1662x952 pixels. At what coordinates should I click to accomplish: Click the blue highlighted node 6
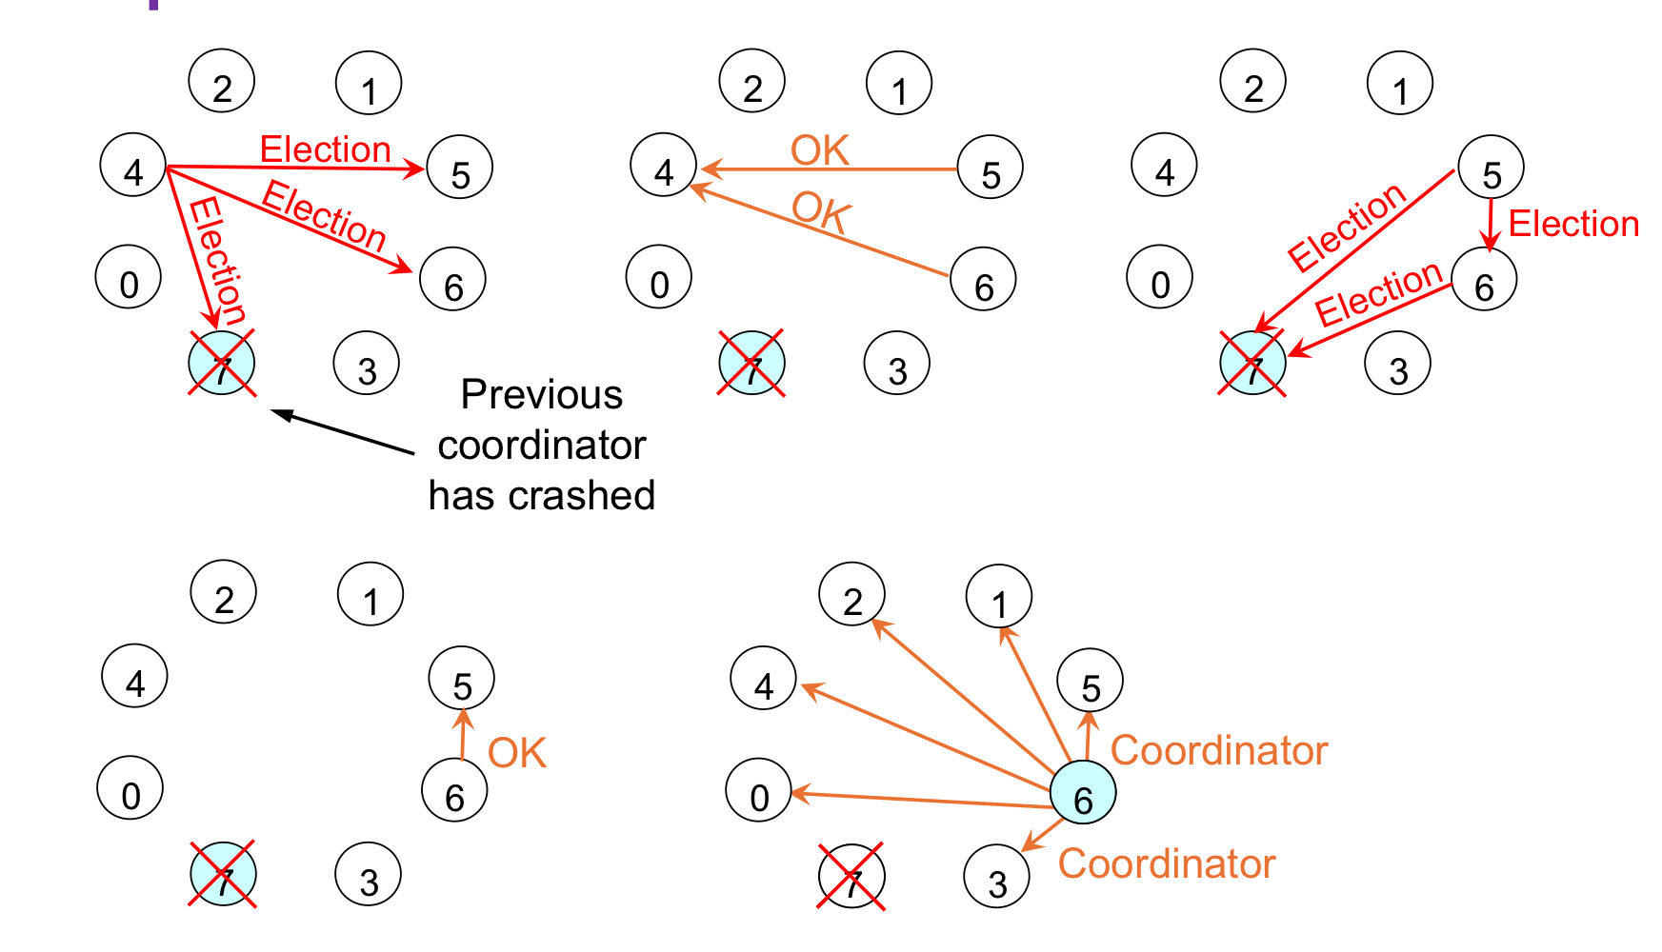(1082, 793)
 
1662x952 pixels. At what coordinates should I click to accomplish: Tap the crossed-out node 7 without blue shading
(851, 877)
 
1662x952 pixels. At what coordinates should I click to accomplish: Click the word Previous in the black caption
(541, 395)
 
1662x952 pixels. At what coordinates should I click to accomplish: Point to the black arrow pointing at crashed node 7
(343, 431)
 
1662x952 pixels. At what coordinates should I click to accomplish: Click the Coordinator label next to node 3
(1166, 864)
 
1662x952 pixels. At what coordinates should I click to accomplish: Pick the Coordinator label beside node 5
(1218, 751)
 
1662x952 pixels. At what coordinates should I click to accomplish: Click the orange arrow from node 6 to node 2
(962, 695)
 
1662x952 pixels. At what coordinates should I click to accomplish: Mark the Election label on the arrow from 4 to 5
(326, 149)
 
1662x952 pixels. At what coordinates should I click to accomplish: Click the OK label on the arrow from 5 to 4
(819, 150)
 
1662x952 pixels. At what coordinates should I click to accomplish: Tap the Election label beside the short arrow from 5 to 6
(1573, 225)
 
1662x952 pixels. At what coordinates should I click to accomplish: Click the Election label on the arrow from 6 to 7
(1378, 292)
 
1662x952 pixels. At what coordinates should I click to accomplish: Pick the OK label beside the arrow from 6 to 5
(516, 754)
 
